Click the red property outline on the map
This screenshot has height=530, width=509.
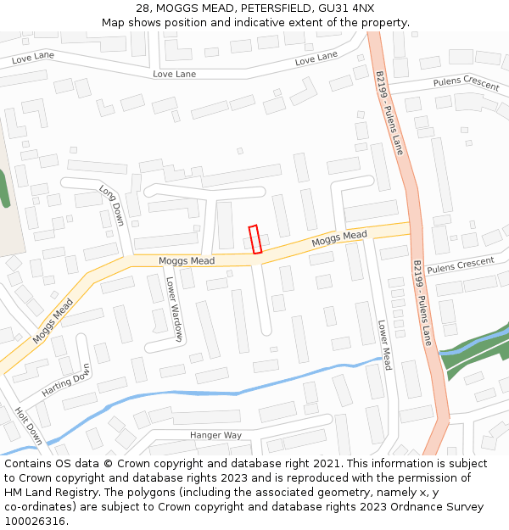click(255, 239)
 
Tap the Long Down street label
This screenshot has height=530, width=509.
click(111, 205)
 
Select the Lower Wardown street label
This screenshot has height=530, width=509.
click(174, 310)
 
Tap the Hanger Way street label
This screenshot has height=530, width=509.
click(215, 435)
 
